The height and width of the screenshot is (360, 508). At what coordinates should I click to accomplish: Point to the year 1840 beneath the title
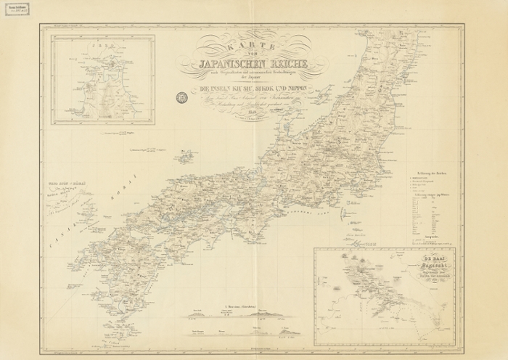(253, 112)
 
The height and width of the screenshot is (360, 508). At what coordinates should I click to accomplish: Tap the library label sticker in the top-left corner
(16, 15)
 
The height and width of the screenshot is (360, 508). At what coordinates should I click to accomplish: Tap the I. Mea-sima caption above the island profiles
(240, 307)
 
